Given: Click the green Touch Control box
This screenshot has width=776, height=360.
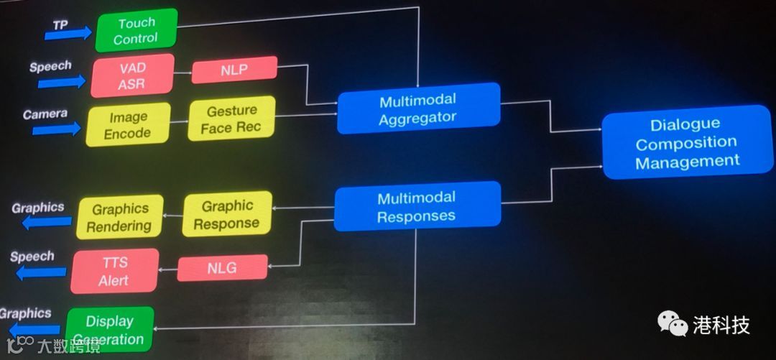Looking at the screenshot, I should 136,30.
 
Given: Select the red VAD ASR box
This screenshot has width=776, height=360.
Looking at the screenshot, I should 133,75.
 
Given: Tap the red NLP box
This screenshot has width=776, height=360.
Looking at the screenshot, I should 234,69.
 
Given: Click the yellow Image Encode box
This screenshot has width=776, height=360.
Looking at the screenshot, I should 128,124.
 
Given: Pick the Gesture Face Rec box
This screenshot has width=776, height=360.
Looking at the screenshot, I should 232,119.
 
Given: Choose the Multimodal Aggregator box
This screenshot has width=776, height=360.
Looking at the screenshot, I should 418,108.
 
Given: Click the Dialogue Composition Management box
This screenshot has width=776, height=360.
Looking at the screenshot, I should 687,142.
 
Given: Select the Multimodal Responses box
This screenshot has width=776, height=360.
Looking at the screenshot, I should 417,206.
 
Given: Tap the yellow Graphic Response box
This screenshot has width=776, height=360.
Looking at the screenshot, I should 227,214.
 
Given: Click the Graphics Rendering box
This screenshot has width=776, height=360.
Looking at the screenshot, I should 119,216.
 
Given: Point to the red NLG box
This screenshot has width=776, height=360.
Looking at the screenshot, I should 222,269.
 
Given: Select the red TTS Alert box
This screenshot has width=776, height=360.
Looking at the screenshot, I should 114,271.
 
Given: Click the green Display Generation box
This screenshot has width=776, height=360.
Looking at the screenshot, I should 110,330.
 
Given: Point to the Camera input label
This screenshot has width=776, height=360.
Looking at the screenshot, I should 45,114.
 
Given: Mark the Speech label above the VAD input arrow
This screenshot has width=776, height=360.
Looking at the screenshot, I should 50,66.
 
